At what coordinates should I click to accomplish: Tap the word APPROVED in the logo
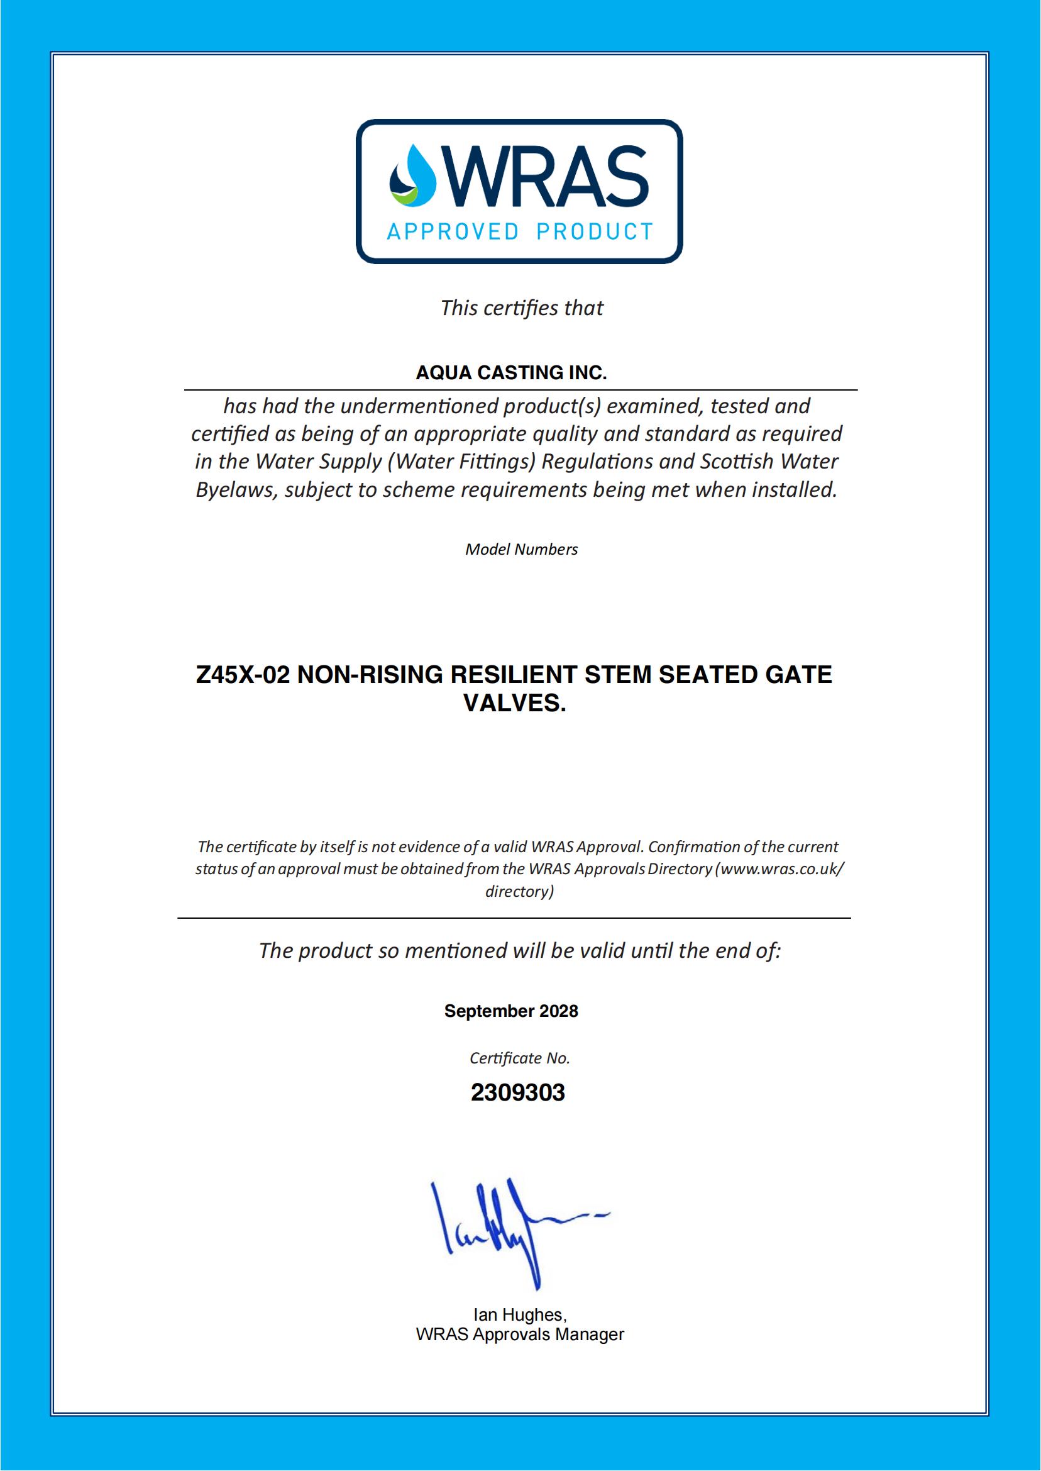coord(453,231)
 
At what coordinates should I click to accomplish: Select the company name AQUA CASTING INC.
coord(511,372)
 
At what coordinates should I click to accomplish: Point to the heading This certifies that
coord(521,308)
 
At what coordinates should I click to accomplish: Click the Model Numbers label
coord(521,550)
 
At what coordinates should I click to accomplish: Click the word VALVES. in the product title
coord(515,704)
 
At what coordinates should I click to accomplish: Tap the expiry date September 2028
coord(511,1011)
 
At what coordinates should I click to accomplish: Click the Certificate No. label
coord(520,1058)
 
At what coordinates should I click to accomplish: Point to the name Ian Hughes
coord(520,1314)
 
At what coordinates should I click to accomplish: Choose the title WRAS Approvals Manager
coord(520,1335)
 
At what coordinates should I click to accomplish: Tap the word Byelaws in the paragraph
coord(236,491)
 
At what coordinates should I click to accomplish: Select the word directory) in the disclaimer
coord(519,891)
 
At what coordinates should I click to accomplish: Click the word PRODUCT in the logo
coord(594,231)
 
